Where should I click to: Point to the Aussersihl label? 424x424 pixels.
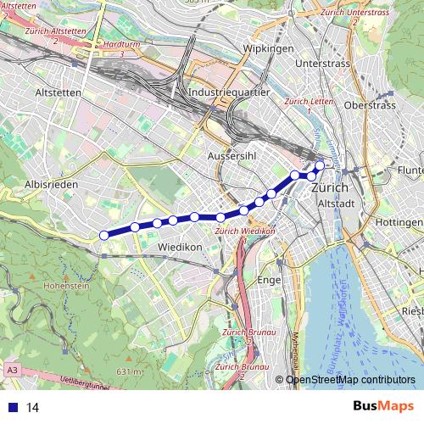point(232,157)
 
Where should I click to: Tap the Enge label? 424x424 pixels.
point(268,278)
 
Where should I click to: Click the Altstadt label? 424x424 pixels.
point(333,204)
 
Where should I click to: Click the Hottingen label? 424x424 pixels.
point(398,221)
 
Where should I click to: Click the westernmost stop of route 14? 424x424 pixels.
point(103,235)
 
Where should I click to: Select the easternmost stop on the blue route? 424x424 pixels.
point(320,166)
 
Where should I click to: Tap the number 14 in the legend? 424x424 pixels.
point(33,407)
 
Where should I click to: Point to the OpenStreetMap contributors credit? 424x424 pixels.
point(350,380)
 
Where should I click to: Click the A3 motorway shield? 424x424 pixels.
point(12,371)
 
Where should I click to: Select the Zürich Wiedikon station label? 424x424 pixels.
point(246,231)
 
